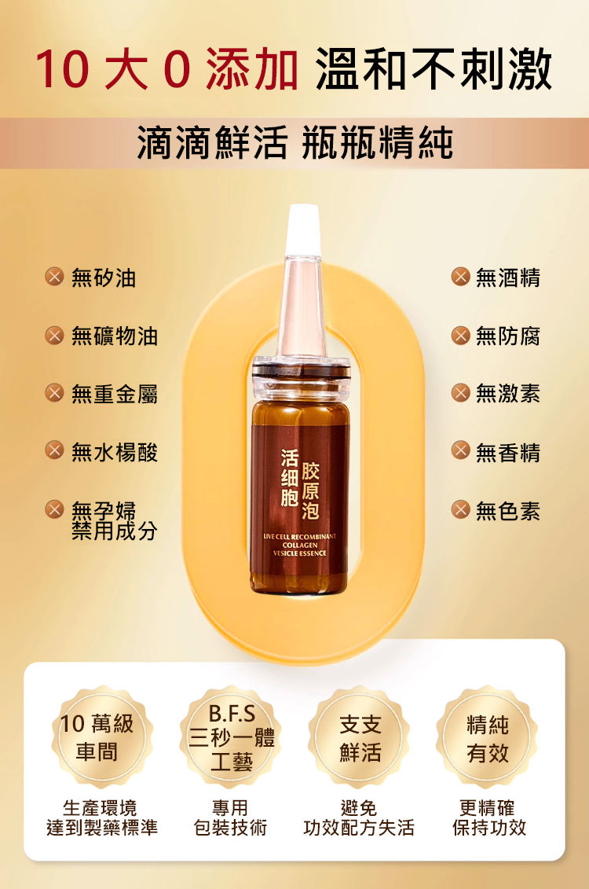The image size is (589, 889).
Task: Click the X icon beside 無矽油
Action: pos(54,277)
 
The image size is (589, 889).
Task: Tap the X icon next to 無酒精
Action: pos(460,277)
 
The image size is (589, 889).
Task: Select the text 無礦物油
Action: pos(115,336)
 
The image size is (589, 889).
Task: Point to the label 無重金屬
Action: pos(115,394)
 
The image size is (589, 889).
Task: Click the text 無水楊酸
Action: pos(115,453)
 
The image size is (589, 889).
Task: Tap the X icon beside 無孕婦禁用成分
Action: pos(54,509)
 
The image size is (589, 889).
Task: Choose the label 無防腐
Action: pos(508,336)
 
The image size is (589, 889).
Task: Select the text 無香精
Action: pos(508,453)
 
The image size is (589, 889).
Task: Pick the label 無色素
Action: pos(508,511)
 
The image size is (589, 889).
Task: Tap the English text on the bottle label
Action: pos(299,545)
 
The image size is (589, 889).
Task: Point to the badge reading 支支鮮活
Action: pos(359,737)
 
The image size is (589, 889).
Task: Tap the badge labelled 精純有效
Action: pos(487,737)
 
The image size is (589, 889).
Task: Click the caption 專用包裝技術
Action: pos(230,817)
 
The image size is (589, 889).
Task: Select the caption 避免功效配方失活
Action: pos(359,817)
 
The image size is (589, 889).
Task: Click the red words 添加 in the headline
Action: pos(252,69)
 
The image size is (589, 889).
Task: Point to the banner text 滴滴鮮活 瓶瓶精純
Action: pos(295,143)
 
